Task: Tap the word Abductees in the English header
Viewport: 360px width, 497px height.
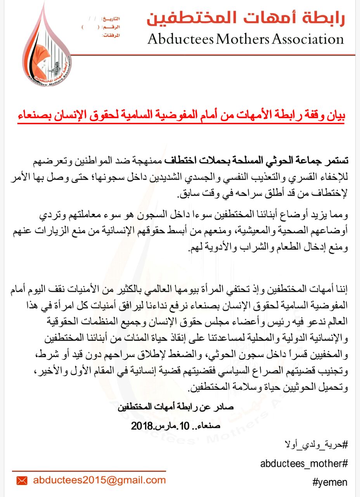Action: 180,39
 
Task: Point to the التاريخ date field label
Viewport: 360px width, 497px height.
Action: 111,19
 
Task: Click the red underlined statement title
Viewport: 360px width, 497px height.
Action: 181,115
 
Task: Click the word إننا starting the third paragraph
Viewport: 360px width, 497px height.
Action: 341,289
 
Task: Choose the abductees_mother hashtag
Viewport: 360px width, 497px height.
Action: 304,463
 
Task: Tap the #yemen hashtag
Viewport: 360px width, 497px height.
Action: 330,482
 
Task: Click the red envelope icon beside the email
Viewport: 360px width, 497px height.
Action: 22,481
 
